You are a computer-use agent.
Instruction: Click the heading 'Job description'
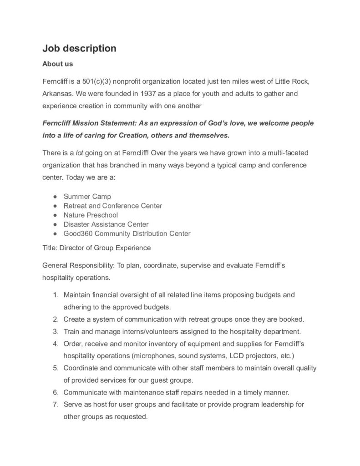[x=79, y=48]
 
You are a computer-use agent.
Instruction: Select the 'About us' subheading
[x=57, y=64]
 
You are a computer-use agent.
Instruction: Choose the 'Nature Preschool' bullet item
[x=91, y=215]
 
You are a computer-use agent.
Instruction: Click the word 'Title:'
[x=50, y=248]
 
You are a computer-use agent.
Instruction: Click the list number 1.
[x=55, y=295]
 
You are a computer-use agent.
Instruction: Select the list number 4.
[x=55, y=343]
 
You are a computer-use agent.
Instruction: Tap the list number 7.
[x=55, y=404]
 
